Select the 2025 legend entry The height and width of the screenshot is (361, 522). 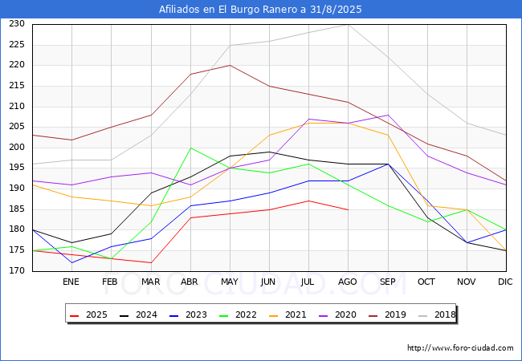tap(88, 314)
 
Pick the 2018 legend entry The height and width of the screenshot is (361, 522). tap(437, 314)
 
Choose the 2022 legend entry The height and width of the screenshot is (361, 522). tap(238, 314)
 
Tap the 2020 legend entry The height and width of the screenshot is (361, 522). tap(337, 314)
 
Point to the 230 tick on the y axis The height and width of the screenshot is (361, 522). tap(17, 24)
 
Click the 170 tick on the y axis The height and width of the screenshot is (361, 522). tap(17, 271)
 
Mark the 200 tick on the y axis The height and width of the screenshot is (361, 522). tap(17, 148)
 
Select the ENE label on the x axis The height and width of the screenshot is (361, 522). tap(71, 282)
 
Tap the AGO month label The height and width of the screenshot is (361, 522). tap(348, 282)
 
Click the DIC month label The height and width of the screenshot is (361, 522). tap(505, 282)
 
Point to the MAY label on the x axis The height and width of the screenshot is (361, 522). tap(230, 282)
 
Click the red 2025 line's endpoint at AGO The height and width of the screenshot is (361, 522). tap(349, 209)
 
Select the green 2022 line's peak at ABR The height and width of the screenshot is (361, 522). tap(190, 148)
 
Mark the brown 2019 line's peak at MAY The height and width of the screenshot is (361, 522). tap(230, 66)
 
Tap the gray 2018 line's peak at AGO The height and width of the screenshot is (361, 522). tap(349, 25)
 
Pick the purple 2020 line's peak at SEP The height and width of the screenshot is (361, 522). tap(388, 115)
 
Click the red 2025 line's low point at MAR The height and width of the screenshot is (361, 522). tap(151, 262)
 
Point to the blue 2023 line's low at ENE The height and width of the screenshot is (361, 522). tap(72, 262)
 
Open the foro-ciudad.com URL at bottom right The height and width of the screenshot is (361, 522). tap(460, 348)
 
